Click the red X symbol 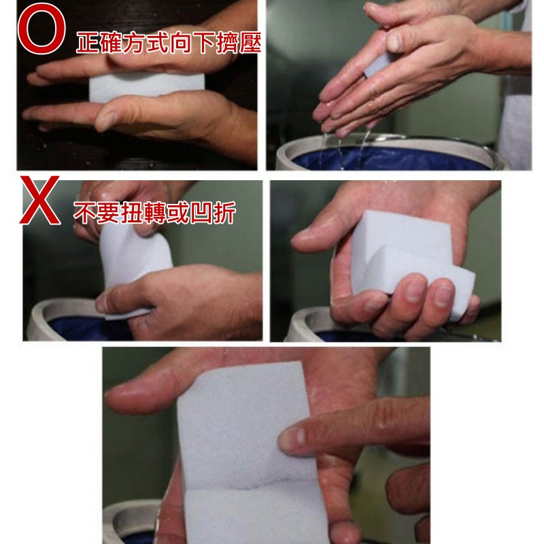[40, 200]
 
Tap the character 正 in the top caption [88, 42]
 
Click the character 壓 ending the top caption [250, 42]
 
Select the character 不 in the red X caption [84, 212]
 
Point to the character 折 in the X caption [225, 212]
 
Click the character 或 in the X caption [178, 212]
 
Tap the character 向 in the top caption [180, 42]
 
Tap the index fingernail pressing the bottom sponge [292, 437]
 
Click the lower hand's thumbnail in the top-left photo [106, 120]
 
